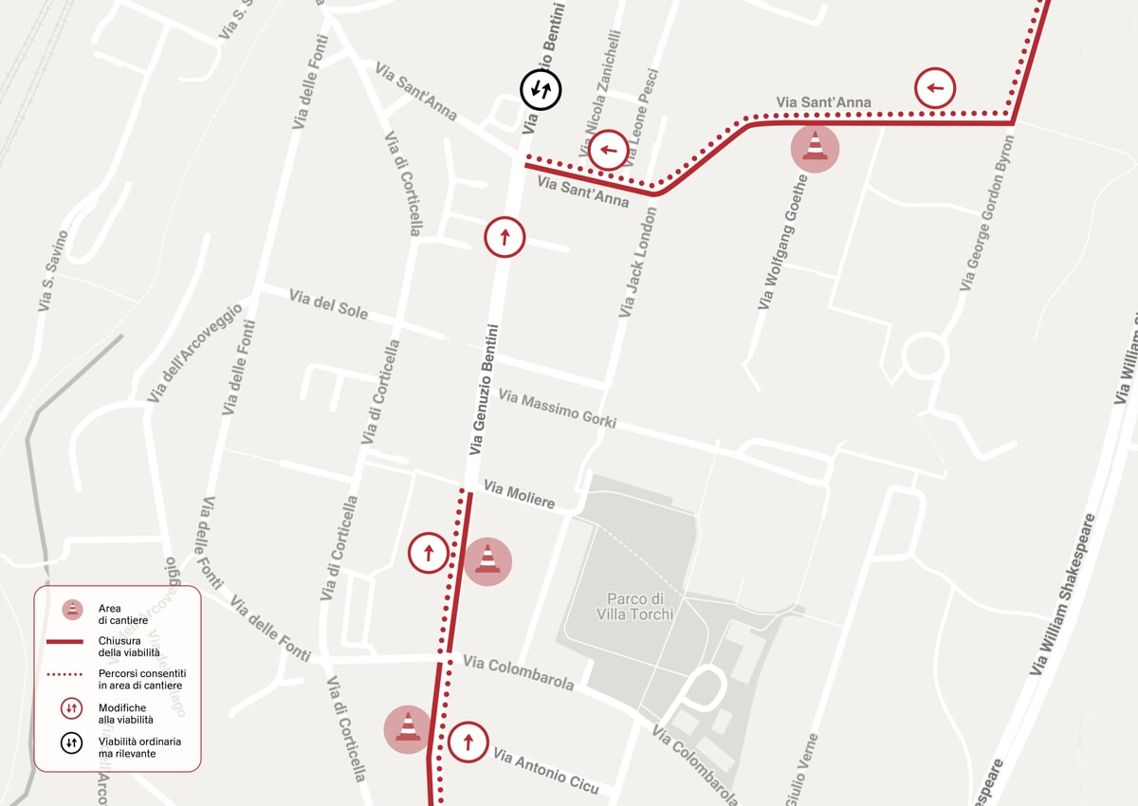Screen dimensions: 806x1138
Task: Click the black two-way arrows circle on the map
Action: point(541,90)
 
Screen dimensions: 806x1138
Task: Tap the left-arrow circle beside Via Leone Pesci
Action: point(608,150)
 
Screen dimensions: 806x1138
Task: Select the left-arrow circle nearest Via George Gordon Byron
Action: point(935,89)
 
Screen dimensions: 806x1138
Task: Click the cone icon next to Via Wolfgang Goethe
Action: point(815,149)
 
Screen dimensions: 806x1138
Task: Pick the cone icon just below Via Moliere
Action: point(487,561)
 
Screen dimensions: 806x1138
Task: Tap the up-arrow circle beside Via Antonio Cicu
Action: point(468,742)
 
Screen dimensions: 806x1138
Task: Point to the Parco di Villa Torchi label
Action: point(635,607)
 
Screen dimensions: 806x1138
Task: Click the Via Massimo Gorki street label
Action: point(557,409)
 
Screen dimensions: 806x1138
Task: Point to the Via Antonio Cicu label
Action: point(545,770)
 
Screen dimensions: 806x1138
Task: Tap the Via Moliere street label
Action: point(519,494)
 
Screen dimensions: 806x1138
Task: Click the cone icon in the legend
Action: point(72,609)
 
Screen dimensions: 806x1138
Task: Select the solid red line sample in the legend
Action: point(65,643)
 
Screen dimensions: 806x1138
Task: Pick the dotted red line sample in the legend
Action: point(65,675)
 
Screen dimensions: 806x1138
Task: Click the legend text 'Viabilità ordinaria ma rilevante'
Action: point(139,747)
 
